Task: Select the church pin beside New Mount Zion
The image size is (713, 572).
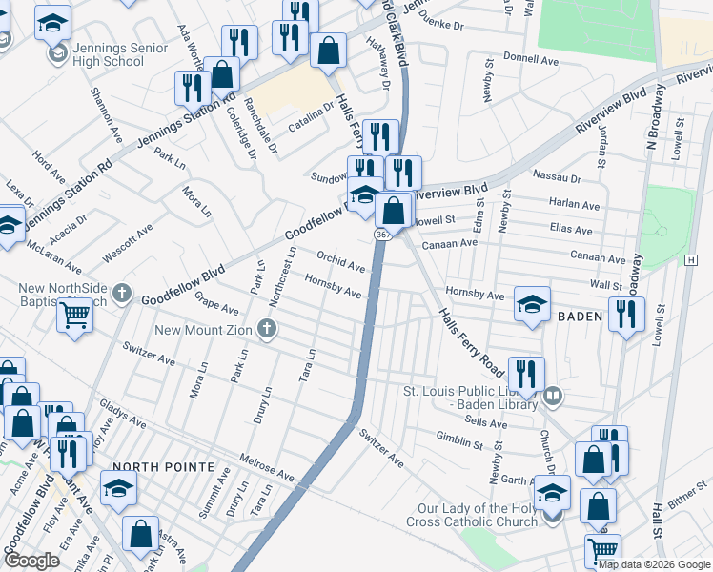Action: [x=266, y=330]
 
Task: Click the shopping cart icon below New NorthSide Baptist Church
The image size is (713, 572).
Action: [x=74, y=315]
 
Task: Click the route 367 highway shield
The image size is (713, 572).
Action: [x=382, y=234]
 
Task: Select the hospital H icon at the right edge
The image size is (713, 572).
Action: [x=691, y=260]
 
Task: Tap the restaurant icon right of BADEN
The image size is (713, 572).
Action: [x=626, y=314]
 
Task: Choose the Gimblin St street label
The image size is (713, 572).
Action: [x=460, y=441]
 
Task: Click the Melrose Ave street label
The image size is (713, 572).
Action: [x=267, y=467]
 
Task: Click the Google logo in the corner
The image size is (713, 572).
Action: [x=31, y=561]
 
